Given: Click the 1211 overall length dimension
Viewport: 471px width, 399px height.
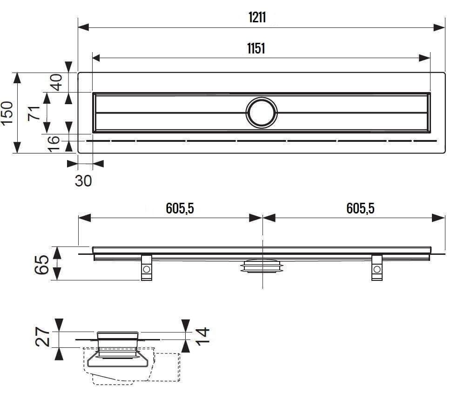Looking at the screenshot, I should coord(256,18).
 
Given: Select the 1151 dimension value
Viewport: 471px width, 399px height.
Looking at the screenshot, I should coord(256,48).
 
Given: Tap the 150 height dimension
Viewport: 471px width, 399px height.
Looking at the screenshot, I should coord(7,113).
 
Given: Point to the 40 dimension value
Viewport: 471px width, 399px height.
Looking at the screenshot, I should coord(56,82).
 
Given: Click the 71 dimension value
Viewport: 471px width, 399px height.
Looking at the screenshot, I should coord(34,113).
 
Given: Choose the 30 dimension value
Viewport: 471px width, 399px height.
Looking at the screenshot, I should coord(84,180).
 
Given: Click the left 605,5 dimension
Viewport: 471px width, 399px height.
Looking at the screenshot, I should coord(180,209).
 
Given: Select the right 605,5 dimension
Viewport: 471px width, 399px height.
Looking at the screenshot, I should coord(360,209).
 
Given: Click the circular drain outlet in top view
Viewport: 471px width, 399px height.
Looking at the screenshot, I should coord(262,113).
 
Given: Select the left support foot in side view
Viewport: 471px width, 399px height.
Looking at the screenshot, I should coord(147,268).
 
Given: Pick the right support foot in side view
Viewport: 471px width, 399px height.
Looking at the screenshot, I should coord(377,268).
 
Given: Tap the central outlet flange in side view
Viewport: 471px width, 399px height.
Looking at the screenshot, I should coord(262,266).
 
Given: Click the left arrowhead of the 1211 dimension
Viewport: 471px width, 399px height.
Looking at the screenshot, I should coord(83,27).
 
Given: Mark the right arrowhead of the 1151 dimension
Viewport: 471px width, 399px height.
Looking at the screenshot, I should coord(424,58).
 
